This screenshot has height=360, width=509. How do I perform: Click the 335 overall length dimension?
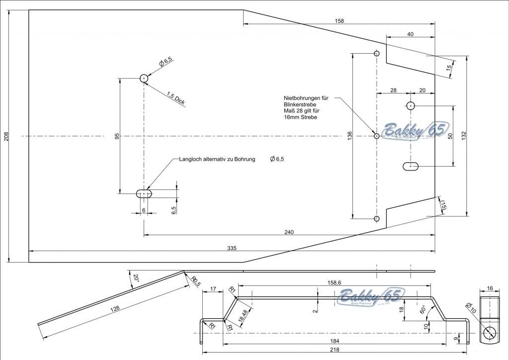(232, 248)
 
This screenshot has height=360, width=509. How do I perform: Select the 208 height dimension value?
(6, 136)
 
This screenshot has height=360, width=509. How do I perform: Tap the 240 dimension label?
(289, 232)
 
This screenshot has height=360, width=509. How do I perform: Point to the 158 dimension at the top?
(339, 21)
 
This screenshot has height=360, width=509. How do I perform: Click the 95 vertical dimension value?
(117, 136)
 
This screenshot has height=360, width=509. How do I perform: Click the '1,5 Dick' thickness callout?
(175, 98)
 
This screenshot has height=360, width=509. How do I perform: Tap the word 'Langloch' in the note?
(191, 159)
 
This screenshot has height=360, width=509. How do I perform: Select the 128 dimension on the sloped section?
(115, 309)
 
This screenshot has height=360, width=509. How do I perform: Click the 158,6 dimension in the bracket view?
(335, 282)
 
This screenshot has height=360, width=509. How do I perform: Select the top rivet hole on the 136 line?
(377, 53)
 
